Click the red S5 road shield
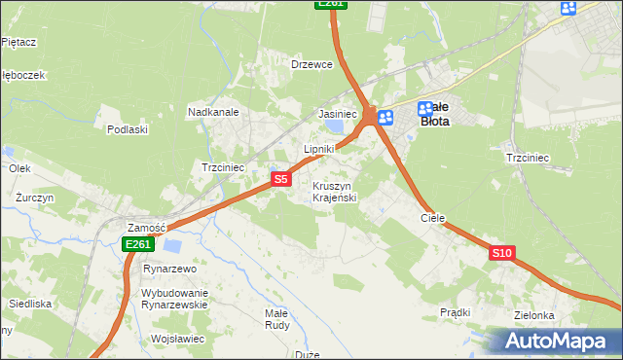pyautogui.click(x=280, y=179)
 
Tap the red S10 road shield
pyautogui.click(x=501, y=253)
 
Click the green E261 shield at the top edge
pyautogui.click(x=331, y=4)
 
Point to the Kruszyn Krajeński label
pyautogui.click(x=336, y=192)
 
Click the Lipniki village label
pyautogui.click(x=319, y=149)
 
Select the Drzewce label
pyautogui.click(x=312, y=64)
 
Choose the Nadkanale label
pyautogui.click(x=213, y=113)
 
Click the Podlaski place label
pyautogui.click(x=128, y=129)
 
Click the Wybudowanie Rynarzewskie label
pyautogui.click(x=175, y=299)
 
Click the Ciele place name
pyautogui.click(x=432, y=219)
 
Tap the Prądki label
pyautogui.click(x=455, y=312)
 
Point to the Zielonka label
pyautogui.click(x=534, y=315)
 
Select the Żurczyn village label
pyautogui.click(x=34, y=197)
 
